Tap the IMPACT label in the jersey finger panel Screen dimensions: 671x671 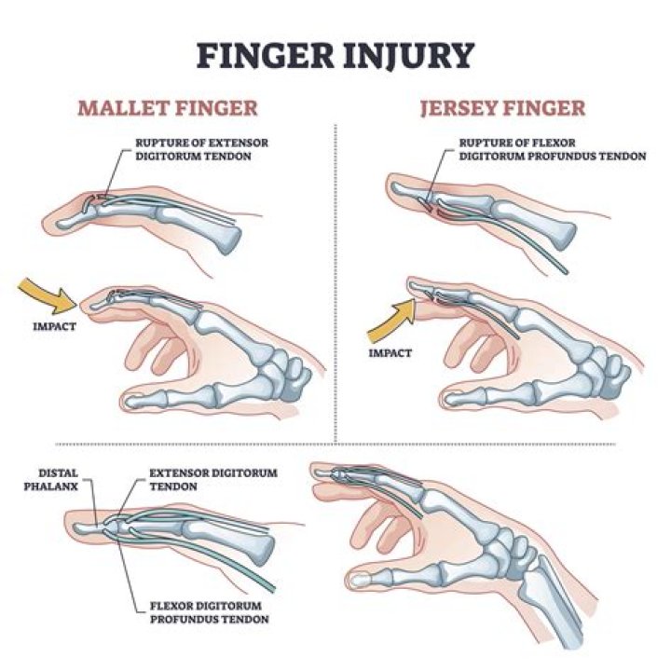(x=390, y=354)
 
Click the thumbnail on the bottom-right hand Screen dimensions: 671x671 (x=360, y=582)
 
